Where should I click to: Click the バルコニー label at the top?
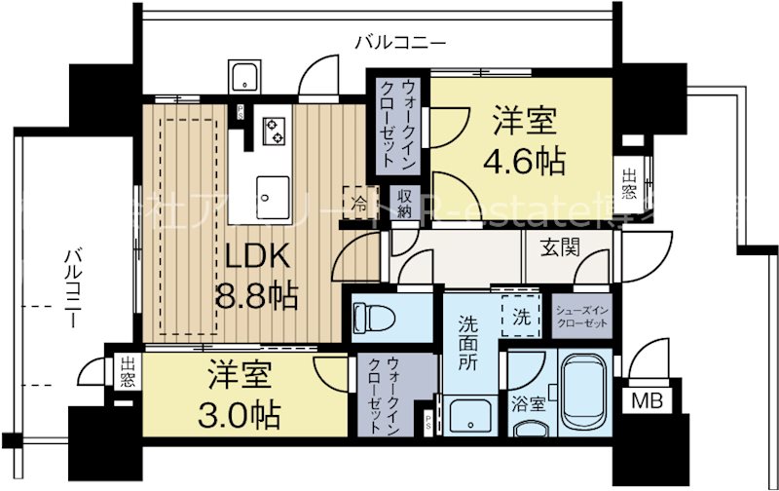[399, 42]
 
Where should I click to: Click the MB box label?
[647, 398]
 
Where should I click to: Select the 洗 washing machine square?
[521, 317]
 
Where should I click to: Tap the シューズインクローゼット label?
[583, 316]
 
